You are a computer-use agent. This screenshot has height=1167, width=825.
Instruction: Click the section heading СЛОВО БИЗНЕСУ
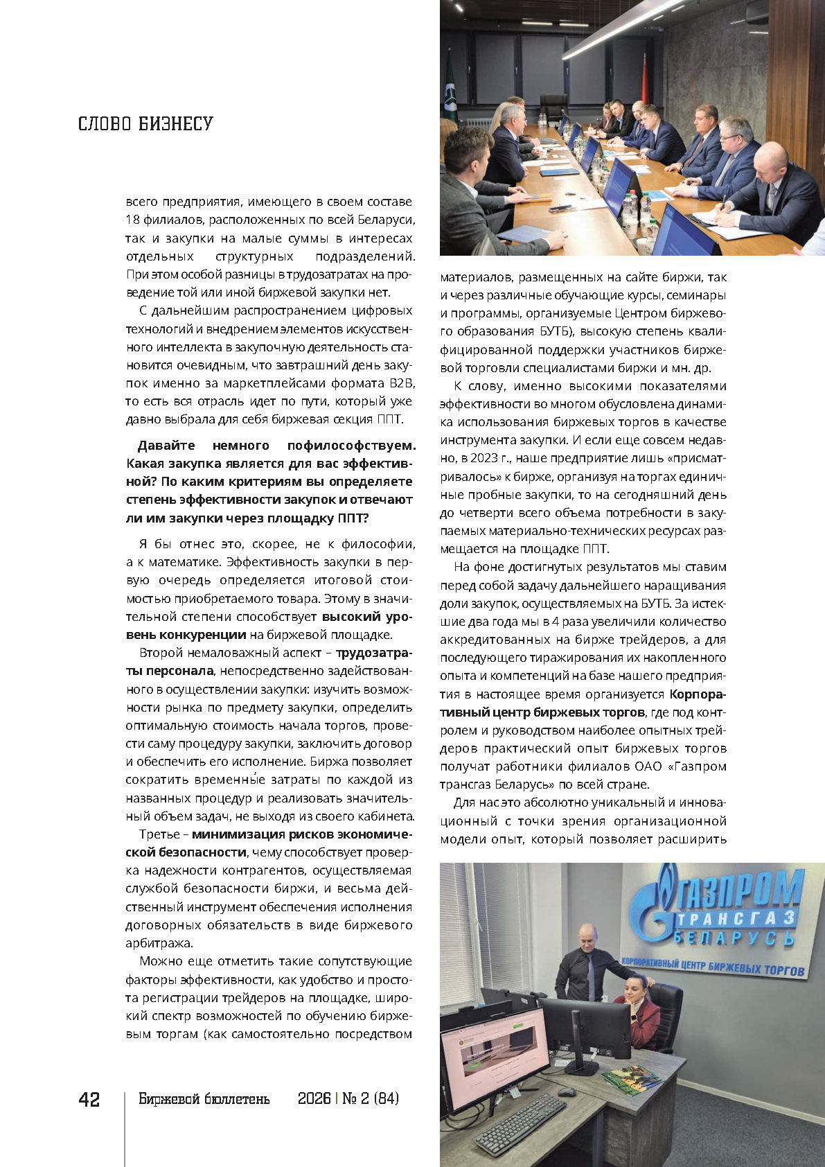coord(145,124)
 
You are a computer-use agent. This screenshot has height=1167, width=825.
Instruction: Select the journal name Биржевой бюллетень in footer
coord(204,1099)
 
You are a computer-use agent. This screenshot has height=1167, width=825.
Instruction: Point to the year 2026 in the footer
coord(314,1099)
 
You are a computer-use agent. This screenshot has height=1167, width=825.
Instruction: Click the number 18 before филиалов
coord(133,220)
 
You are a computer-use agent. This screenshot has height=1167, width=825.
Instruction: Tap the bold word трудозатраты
coord(374,653)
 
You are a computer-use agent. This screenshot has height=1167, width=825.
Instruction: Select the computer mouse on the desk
coord(567,1091)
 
